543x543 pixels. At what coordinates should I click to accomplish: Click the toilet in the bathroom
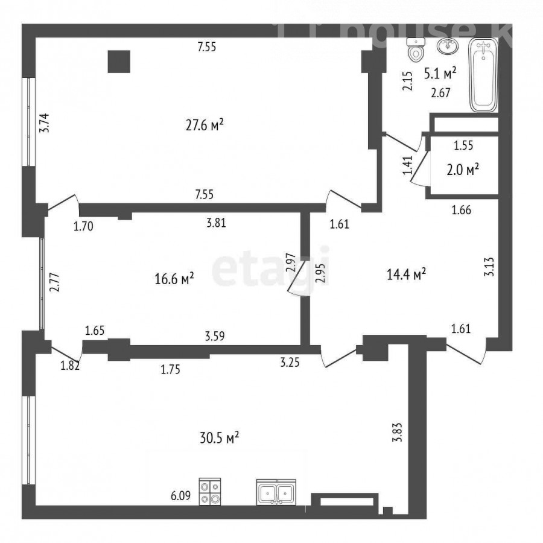click(416, 50)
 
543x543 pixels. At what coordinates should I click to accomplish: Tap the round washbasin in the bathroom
click(447, 46)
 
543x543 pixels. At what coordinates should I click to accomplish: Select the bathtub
click(483, 75)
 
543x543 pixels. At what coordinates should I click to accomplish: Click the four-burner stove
click(210, 491)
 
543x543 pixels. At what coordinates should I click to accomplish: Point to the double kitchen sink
click(276, 492)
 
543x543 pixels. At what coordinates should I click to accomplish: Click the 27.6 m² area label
click(205, 125)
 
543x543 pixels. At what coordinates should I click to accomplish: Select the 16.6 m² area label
click(174, 278)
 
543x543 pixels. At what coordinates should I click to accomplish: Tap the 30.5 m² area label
click(220, 438)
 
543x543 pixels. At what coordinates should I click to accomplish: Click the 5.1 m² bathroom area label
click(440, 73)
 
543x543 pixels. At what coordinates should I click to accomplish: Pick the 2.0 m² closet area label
click(463, 170)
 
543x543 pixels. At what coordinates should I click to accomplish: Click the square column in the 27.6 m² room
click(119, 62)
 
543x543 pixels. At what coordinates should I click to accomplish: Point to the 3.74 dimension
click(44, 123)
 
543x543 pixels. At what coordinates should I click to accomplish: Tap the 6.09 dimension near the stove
click(181, 495)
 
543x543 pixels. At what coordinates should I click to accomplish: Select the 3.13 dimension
click(489, 267)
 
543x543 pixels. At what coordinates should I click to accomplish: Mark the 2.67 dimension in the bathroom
click(440, 93)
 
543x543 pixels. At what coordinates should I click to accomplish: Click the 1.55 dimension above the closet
click(463, 145)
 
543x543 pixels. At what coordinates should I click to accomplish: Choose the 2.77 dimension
click(55, 283)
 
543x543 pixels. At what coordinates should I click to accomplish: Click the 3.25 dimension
click(290, 363)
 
